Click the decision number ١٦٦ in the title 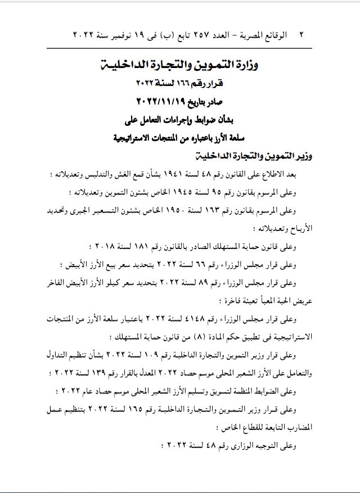186,83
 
